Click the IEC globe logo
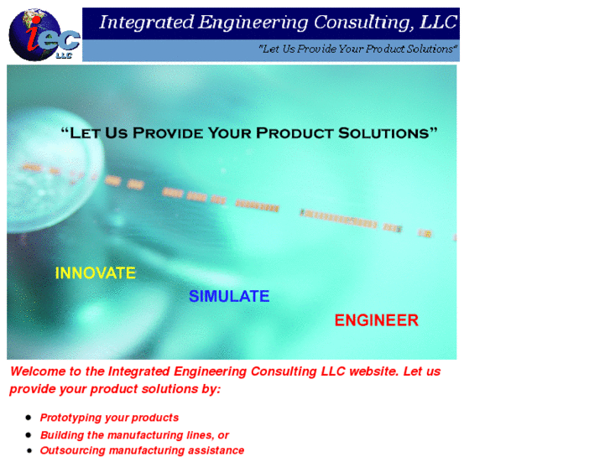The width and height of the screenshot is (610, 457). point(44,34)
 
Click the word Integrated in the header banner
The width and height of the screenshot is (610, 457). point(146,23)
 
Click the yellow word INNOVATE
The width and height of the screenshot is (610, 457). point(95,273)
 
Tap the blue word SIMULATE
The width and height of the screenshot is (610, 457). point(229,296)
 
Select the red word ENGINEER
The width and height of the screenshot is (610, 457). point(376,320)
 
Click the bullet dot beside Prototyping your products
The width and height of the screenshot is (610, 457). point(29,417)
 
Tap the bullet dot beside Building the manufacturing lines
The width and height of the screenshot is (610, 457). point(29,434)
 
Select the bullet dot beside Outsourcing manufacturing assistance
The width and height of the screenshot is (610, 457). point(29,449)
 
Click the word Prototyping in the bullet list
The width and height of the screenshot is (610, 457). point(71,418)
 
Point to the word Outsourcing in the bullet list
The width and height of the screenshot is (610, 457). point(72,450)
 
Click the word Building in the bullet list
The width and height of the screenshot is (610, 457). point(60,435)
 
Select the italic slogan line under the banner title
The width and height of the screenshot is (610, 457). point(358,49)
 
